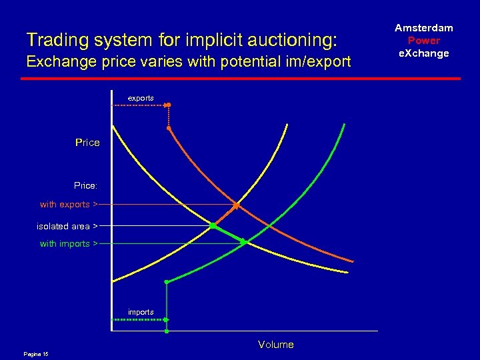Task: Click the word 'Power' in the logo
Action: [x=424, y=41]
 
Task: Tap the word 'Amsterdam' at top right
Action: [x=424, y=28]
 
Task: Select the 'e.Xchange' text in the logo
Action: [x=424, y=53]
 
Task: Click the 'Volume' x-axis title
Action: [x=275, y=345]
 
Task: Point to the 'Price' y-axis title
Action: [x=87, y=143]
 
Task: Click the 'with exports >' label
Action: [x=69, y=204]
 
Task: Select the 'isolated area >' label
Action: [x=67, y=226]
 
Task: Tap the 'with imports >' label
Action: [x=69, y=243]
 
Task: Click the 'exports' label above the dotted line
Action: [x=141, y=98]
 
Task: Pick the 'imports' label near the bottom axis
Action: [x=141, y=312]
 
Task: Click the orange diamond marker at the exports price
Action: [x=236, y=204]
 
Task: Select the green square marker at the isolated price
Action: [x=213, y=226]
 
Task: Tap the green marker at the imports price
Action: [x=243, y=241]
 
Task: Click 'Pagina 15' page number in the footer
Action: [x=36, y=353]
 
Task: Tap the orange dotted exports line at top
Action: [x=140, y=105]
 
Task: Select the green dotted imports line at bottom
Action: [x=139, y=320]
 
